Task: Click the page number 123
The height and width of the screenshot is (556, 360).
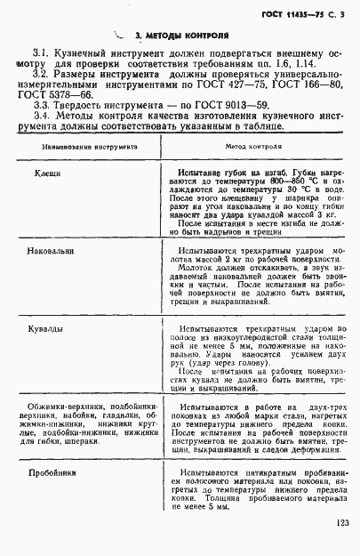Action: click(x=343, y=523)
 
